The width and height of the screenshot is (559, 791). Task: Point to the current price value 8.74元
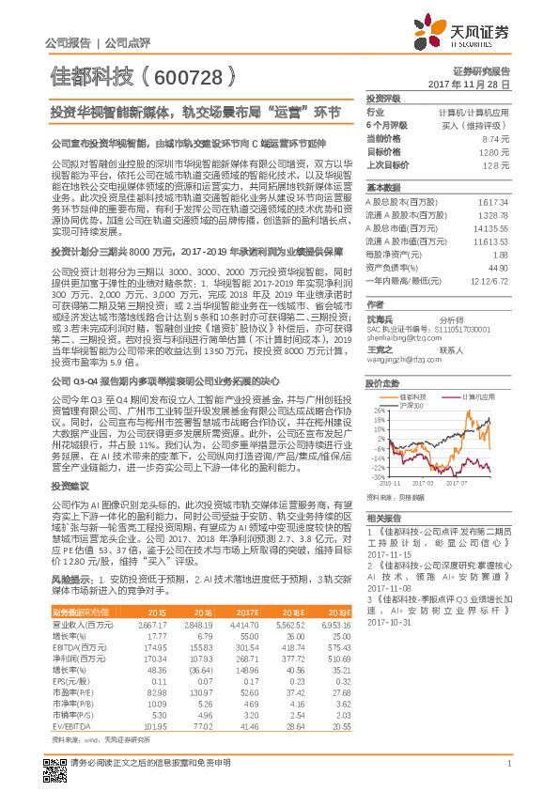(496, 138)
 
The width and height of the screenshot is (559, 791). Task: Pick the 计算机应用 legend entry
(479, 395)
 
